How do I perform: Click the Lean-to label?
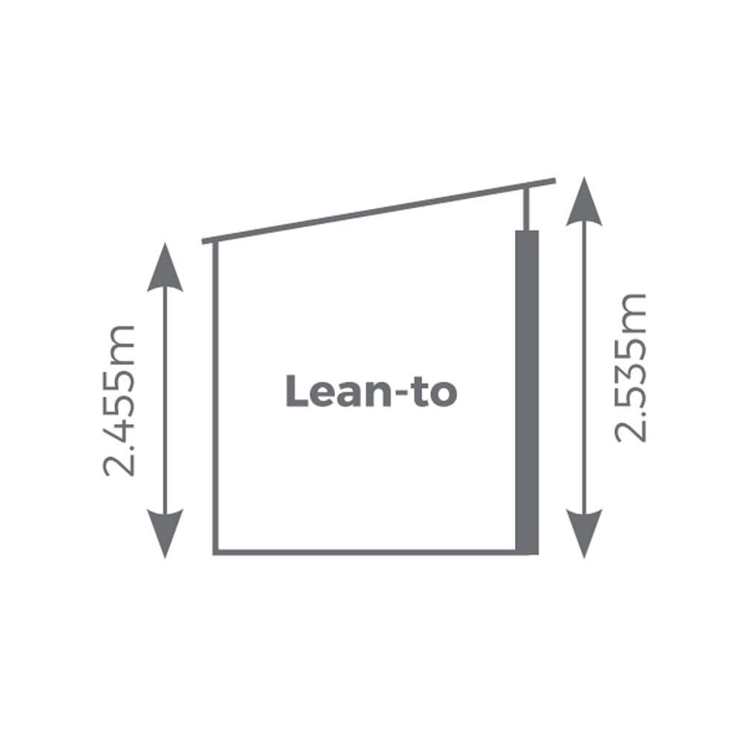(x=371, y=392)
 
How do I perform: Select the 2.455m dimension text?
(x=119, y=400)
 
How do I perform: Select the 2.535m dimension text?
(x=630, y=369)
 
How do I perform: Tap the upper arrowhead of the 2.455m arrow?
(x=165, y=267)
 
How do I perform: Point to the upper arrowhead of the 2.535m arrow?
(x=584, y=201)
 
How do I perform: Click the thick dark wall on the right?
(x=527, y=392)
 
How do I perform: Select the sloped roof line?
(x=379, y=211)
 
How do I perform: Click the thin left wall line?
(x=215, y=397)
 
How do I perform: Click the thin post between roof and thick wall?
(x=526, y=209)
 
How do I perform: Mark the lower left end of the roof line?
(x=204, y=241)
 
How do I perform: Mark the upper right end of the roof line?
(x=555, y=181)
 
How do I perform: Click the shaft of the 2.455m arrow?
(x=165, y=400)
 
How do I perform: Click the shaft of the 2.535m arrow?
(x=584, y=367)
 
